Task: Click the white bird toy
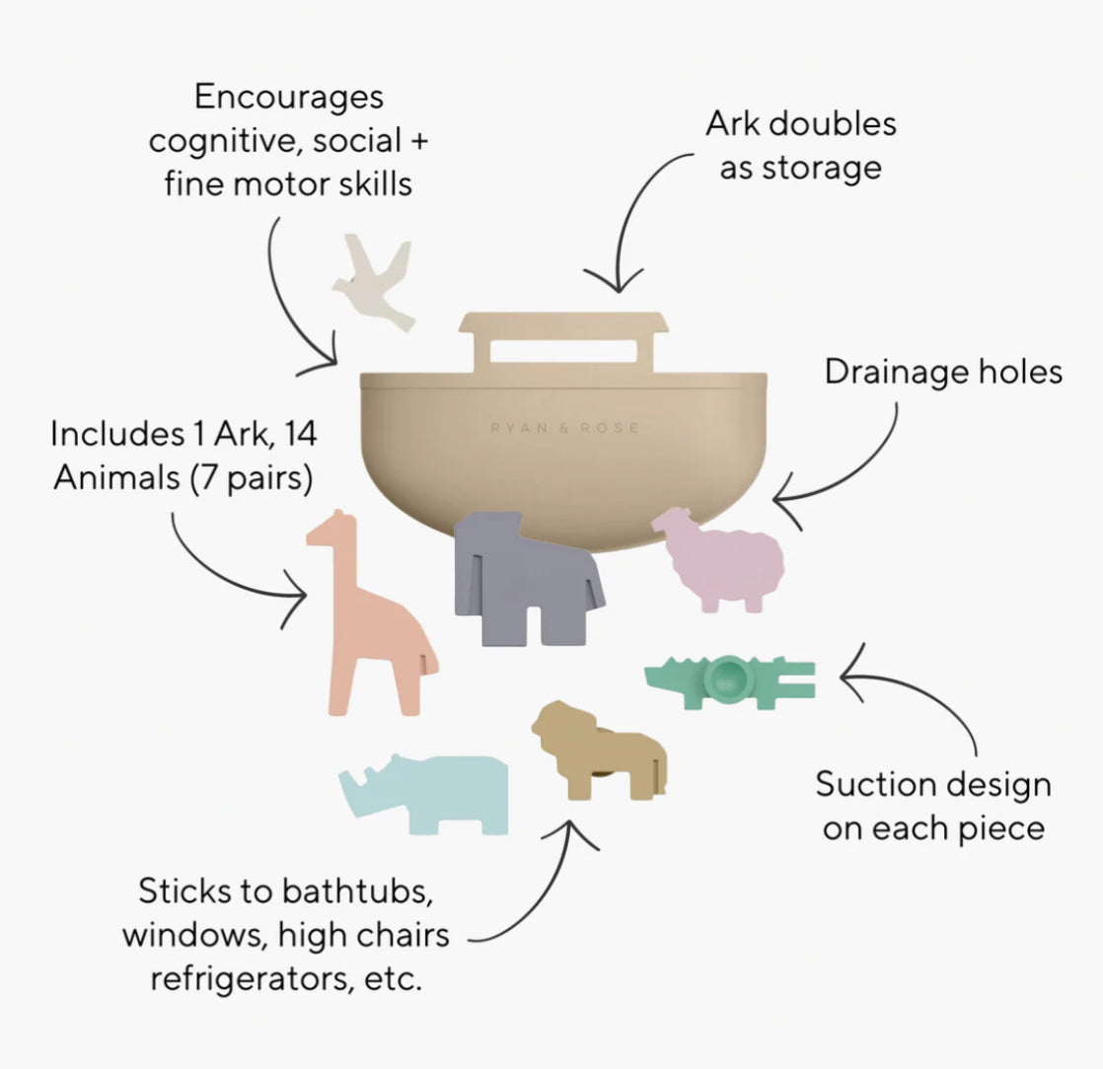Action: [376, 287]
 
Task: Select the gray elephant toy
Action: [523, 577]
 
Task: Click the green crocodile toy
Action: [730, 680]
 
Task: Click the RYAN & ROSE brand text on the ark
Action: [564, 428]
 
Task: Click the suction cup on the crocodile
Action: [728, 678]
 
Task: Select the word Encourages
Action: [289, 98]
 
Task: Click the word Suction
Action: [875, 786]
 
